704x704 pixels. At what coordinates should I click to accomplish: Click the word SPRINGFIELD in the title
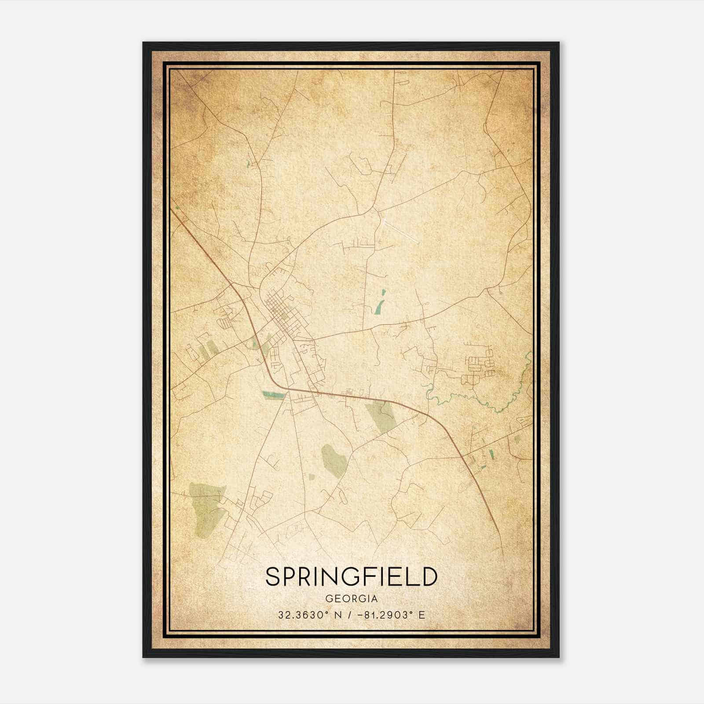tap(352, 576)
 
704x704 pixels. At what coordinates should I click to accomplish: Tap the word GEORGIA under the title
tap(352, 599)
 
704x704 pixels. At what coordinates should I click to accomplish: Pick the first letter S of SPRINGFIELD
tap(273, 576)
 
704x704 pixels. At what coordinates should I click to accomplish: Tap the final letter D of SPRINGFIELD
tap(429, 576)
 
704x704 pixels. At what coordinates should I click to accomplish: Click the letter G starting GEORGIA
tap(329, 599)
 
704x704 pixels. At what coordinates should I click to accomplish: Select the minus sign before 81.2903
tap(361, 615)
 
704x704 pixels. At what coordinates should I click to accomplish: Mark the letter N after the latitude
tap(337, 615)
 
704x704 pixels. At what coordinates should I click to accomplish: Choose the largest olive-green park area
tap(206, 506)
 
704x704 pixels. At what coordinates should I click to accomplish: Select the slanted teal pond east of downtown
tap(380, 303)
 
